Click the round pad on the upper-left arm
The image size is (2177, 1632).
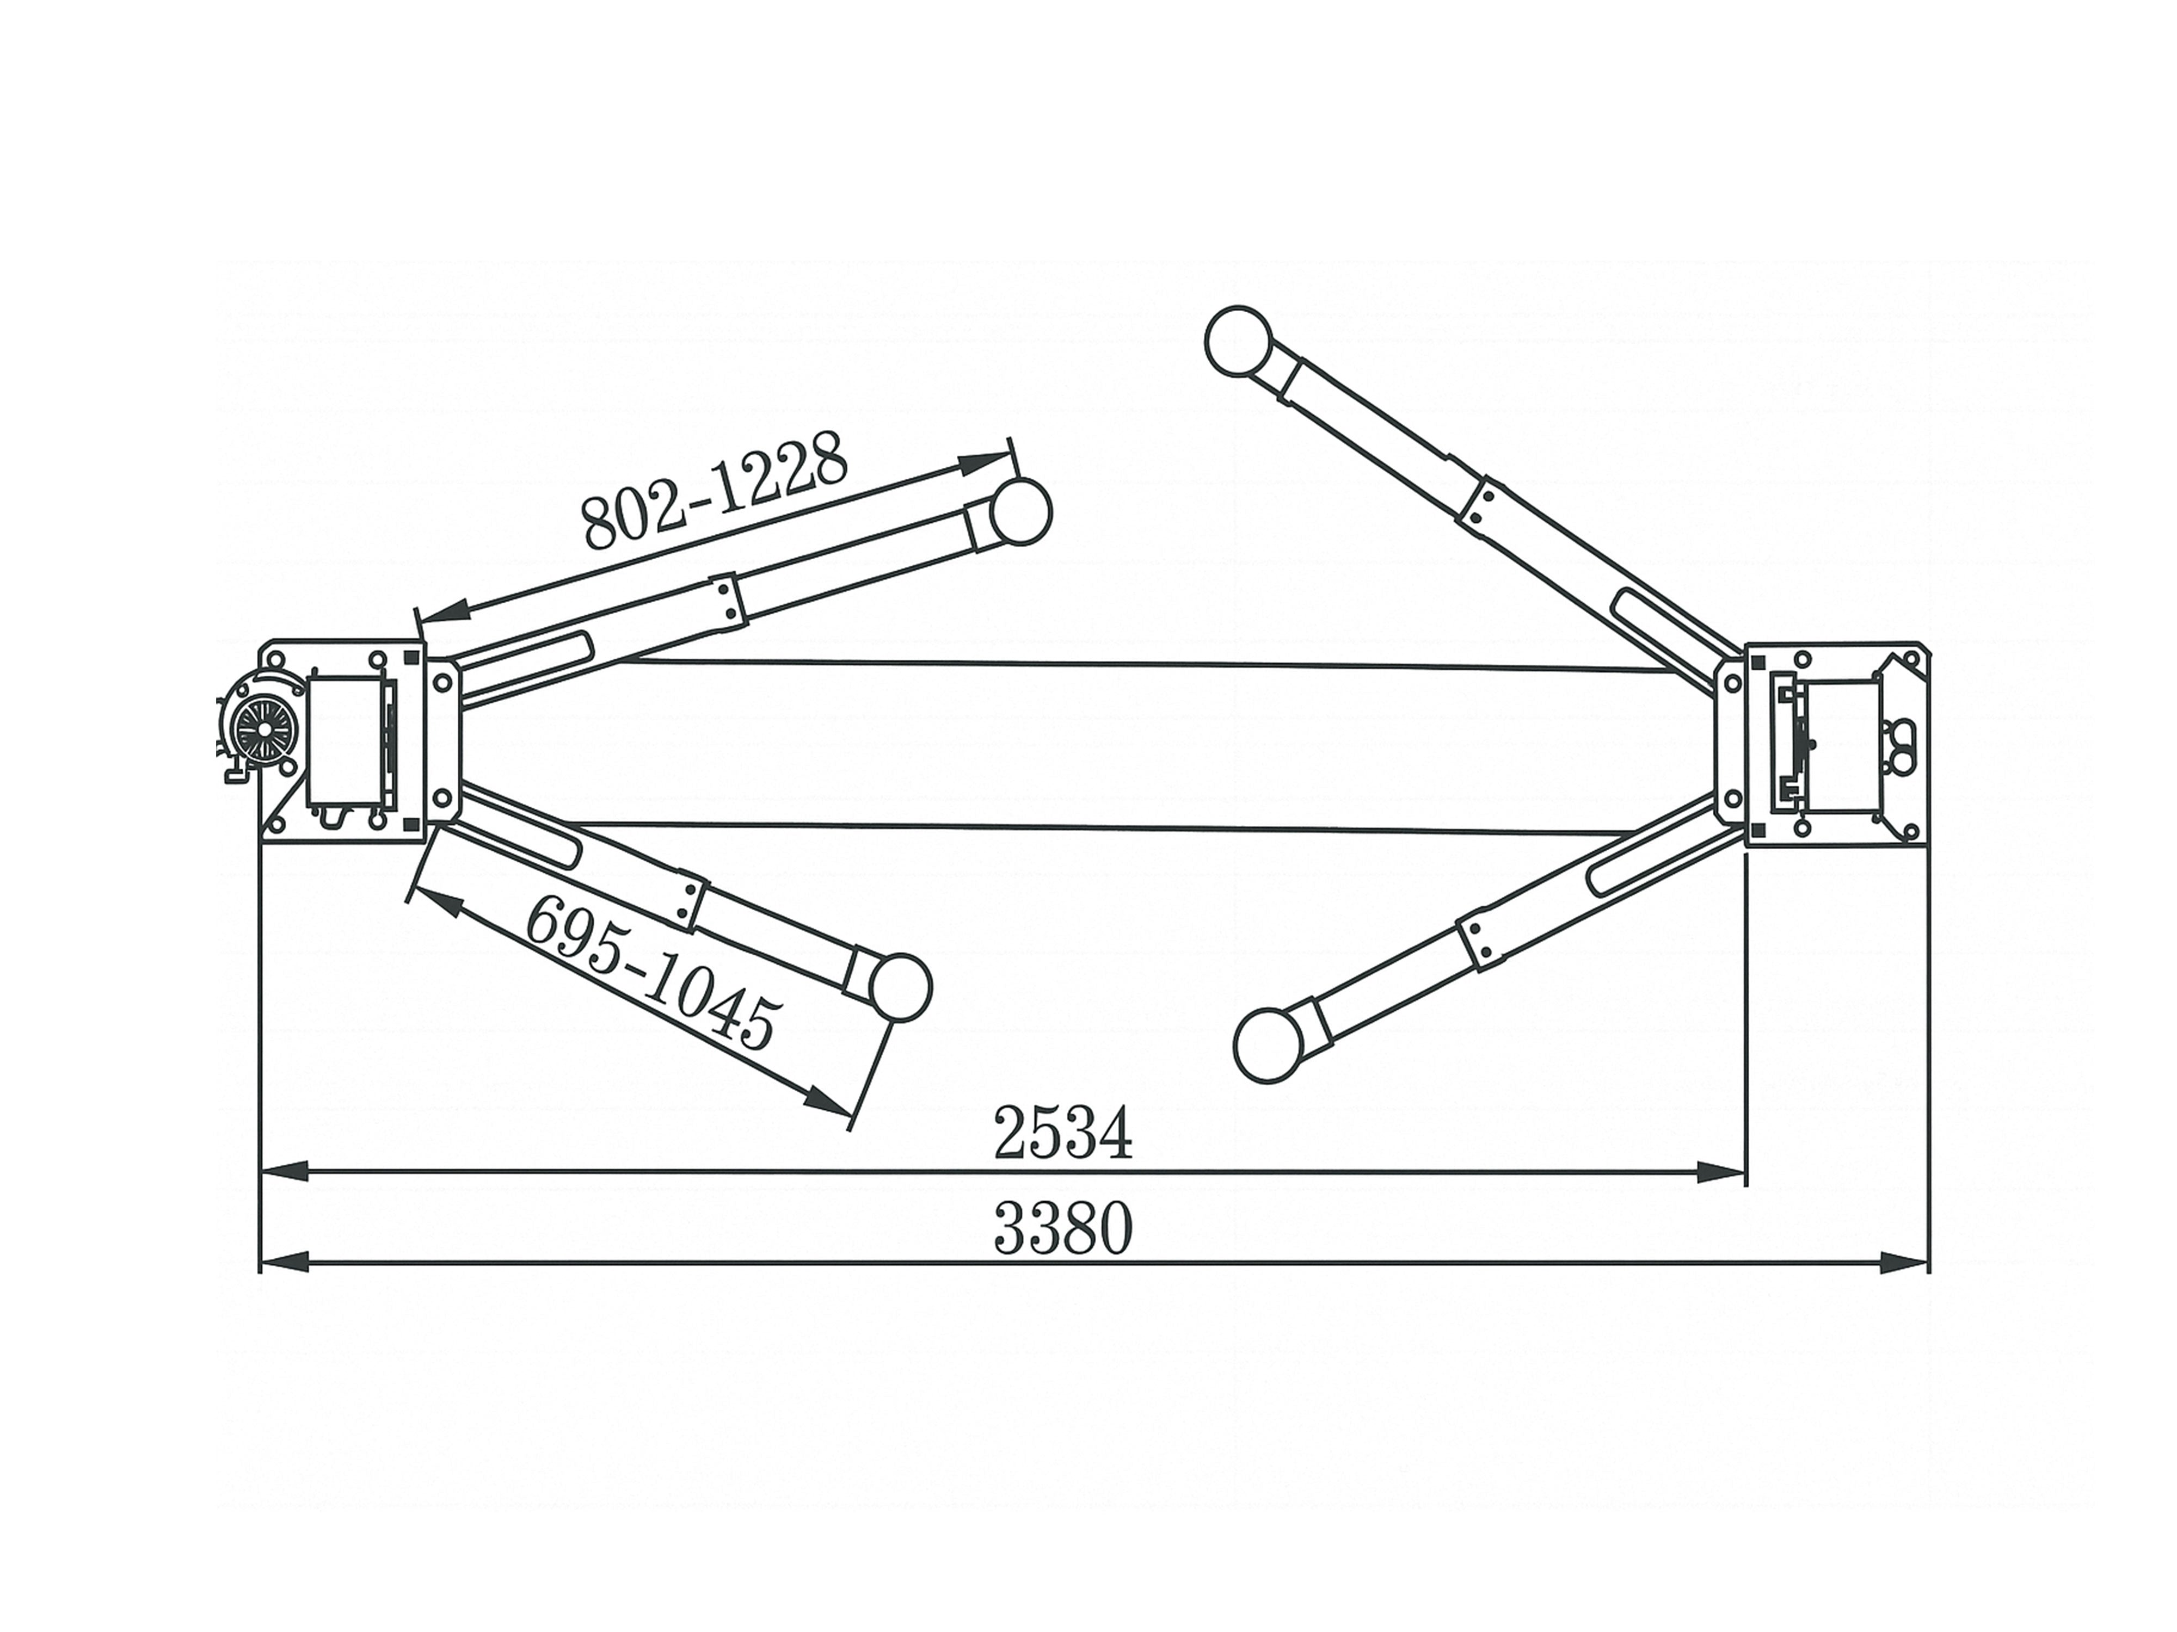[1019, 511]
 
